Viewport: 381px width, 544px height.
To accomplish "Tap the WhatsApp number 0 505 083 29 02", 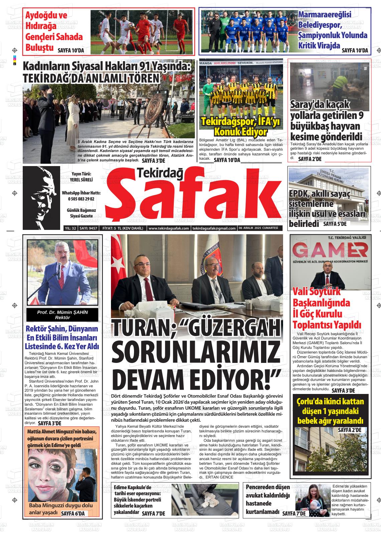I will pos(81,199).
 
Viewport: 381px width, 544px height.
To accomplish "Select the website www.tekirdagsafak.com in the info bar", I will pos(168,228).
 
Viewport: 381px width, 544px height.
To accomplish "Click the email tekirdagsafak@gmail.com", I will pos(214,228).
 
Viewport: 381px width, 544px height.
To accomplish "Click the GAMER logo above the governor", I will pos(330,251).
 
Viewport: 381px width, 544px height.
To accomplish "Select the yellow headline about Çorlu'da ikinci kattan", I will pos(330,411).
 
